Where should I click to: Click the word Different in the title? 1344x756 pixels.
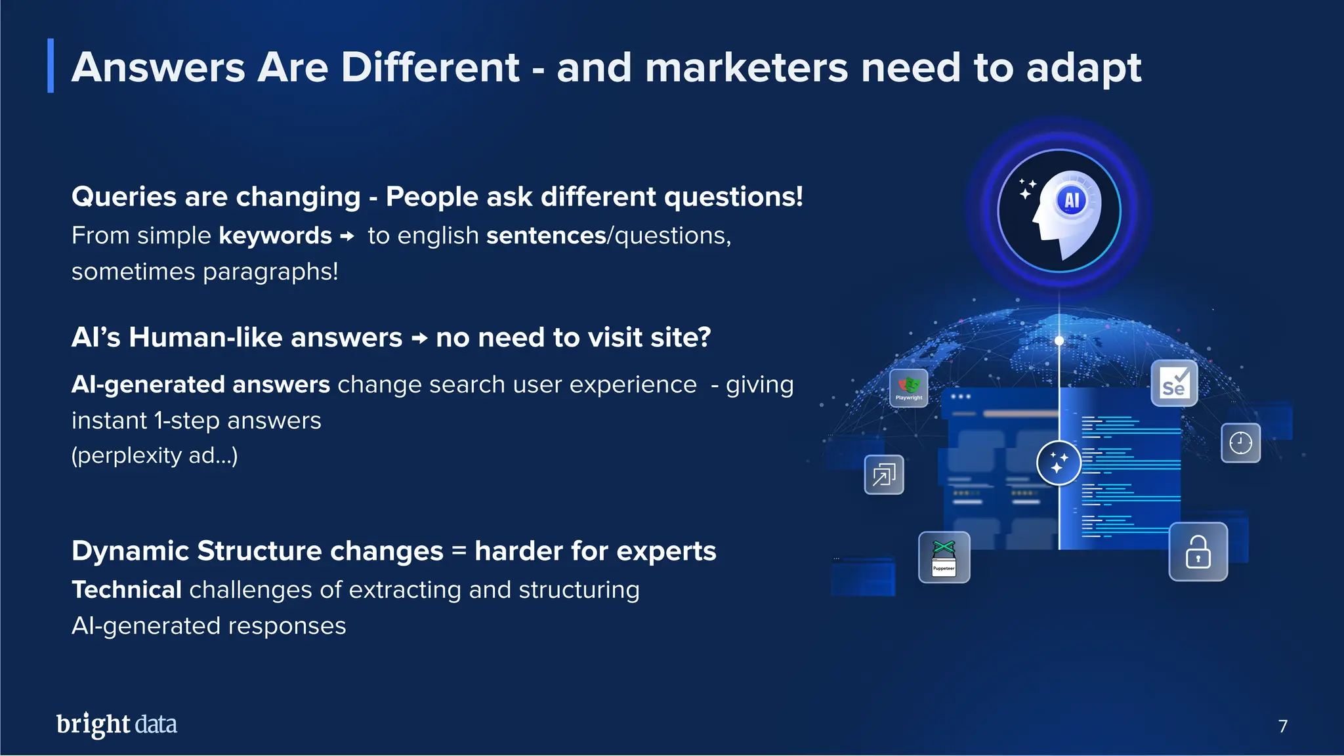click(x=430, y=68)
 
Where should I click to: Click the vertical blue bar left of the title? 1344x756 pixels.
click(x=51, y=66)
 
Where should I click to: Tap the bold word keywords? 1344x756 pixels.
click(x=275, y=236)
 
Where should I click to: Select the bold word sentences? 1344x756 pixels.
click(x=545, y=236)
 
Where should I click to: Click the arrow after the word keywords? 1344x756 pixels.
click(x=348, y=236)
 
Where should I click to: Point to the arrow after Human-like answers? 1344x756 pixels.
click(x=419, y=339)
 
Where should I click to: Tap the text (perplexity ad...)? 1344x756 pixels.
click(x=154, y=455)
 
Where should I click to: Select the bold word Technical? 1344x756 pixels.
click(x=127, y=590)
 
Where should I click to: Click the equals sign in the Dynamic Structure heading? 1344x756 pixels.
click(x=459, y=550)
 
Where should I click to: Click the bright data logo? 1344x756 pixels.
click(x=117, y=724)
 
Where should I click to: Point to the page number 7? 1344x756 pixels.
click(x=1282, y=726)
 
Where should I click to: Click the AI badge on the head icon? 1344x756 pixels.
click(x=1072, y=200)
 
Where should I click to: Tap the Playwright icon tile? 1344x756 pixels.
click(x=908, y=388)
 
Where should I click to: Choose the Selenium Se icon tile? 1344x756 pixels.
click(x=1174, y=383)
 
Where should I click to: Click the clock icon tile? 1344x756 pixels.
click(x=1240, y=443)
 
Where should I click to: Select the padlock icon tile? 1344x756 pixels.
click(x=1198, y=552)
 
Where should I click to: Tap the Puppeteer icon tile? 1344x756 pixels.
click(x=944, y=557)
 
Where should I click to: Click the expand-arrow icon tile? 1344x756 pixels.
click(x=884, y=474)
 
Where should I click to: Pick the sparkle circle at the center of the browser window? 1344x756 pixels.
click(x=1058, y=463)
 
